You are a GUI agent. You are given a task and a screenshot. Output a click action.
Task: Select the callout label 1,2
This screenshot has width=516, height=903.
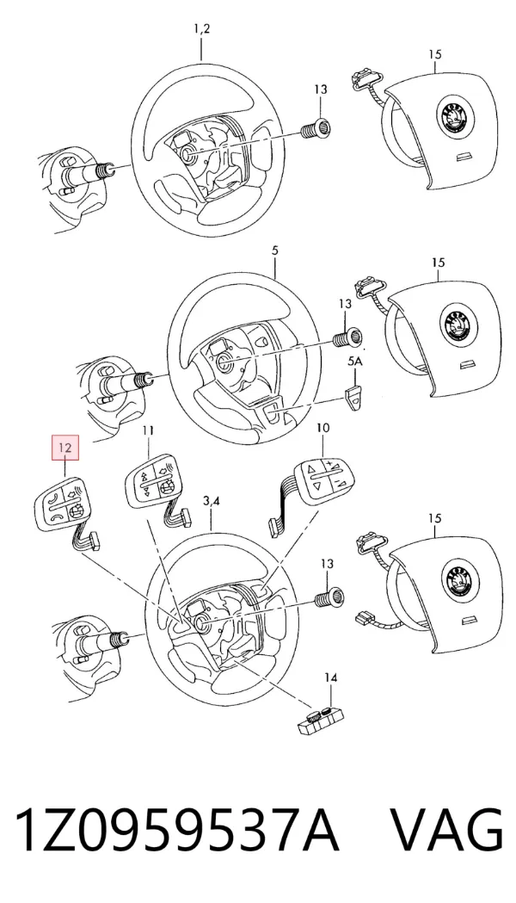click(x=201, y=28)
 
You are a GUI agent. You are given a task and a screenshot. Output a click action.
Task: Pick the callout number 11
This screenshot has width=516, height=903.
click(x=149, y=430)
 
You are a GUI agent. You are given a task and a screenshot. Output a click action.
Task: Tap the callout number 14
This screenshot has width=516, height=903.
click(x=330, y=678)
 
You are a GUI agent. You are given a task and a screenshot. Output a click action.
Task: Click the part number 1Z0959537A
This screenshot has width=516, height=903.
click(x=176, y=829)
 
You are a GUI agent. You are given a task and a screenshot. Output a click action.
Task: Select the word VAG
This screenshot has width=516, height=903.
click(x=446, y=829)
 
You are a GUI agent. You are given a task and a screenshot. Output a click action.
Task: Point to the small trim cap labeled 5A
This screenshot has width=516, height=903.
click(x=354, y=396)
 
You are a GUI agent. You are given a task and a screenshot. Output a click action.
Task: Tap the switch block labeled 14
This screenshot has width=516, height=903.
click(x=321, y=721)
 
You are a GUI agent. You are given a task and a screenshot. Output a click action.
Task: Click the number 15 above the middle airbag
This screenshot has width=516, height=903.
click(x=438, y=263)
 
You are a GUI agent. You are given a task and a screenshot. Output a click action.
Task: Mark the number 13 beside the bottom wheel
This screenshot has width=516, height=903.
click(x=326, y=564)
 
